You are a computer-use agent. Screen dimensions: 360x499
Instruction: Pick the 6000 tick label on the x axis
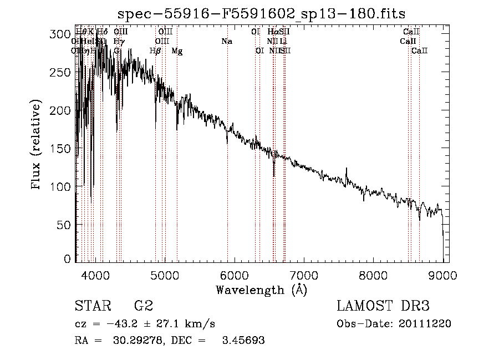(x=235, y=274)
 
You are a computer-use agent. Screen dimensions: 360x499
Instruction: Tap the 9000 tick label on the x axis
(x=443, y=274)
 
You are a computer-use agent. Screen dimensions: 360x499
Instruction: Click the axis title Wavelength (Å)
(x=261, y=289)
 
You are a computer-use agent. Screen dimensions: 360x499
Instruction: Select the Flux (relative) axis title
(x=37, y=145)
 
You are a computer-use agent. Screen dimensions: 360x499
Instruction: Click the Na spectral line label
(x=226, y=41)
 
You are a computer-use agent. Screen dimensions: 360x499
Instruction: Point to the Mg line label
(x=177, y=51)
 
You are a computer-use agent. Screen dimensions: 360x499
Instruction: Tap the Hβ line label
(x=155, y=50)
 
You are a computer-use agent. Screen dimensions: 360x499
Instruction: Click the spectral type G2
(x=143, y=306)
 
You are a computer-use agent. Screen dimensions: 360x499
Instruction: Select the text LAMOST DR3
(x=383, y=306)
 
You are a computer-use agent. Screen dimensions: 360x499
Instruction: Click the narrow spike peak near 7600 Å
(x=347, y=169)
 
